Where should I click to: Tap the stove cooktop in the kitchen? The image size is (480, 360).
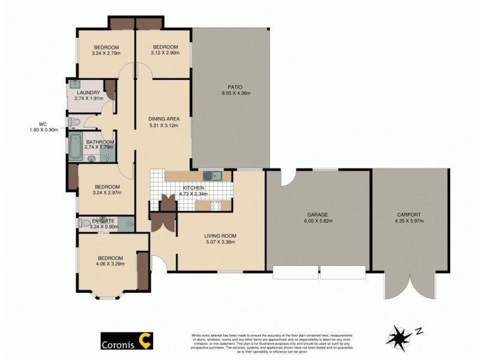(x=217, y=206)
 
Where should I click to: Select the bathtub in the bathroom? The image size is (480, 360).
(x=76, y=147)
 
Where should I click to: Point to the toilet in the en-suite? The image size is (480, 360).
(x=84, y=223)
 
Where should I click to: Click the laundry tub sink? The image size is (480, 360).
(x=74, y=85)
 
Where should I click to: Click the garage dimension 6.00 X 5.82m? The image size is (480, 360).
(x=319, y=221)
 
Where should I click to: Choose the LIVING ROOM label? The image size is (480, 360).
(x=220, y=235)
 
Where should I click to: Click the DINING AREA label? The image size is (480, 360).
(x=164, y=119)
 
